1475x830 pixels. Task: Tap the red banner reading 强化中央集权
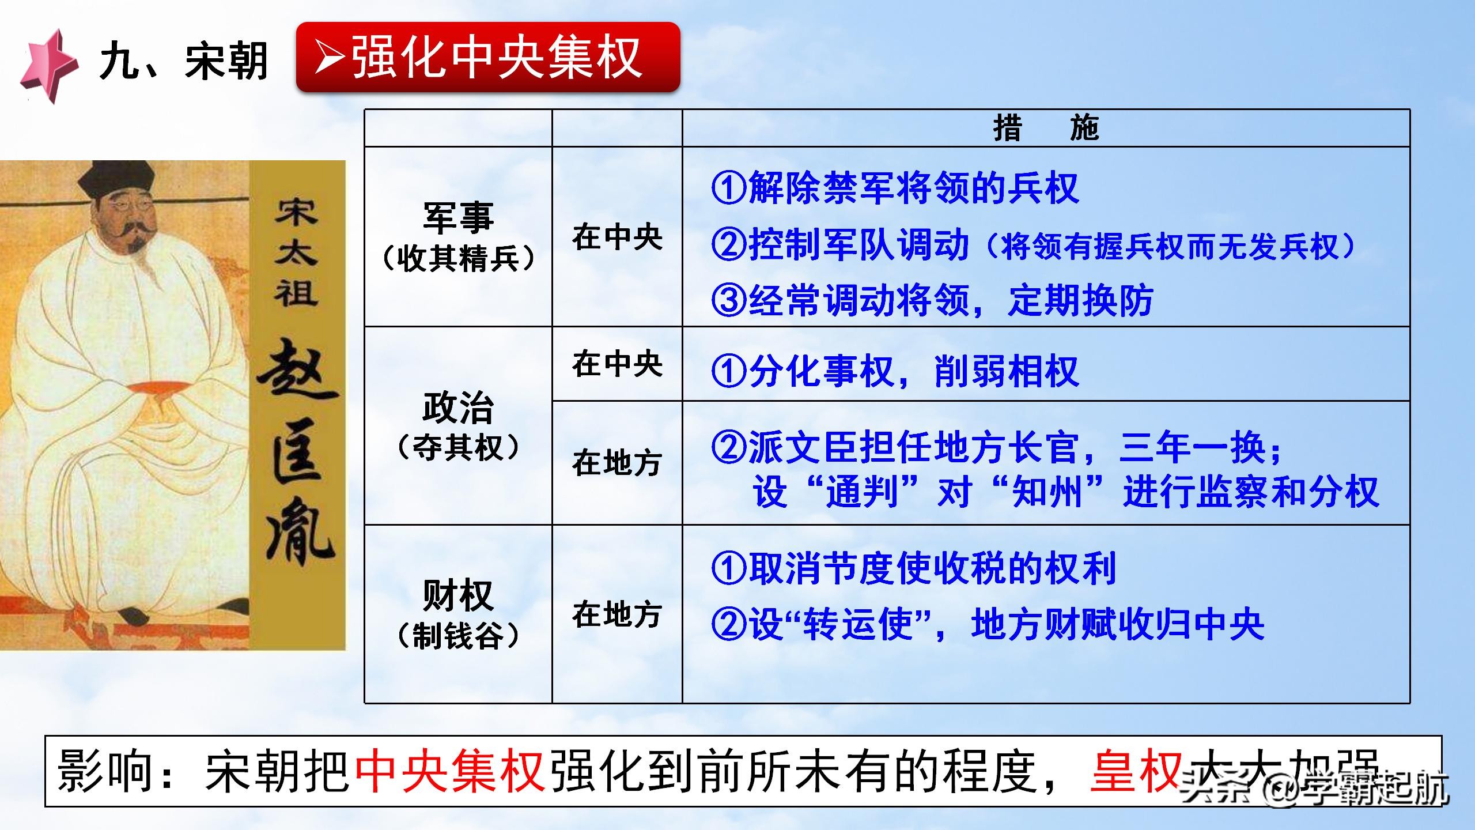click(487, 57)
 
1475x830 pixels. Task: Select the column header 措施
click(1046, 128)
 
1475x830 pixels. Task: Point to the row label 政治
click(458, 408)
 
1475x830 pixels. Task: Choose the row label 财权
click(458, 595)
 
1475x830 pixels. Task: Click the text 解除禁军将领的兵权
click(913, 188)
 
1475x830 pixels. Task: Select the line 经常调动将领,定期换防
click(951, 300)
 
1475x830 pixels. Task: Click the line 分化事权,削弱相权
click(913, 371)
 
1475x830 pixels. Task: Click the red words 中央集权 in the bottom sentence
click(450, 771)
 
